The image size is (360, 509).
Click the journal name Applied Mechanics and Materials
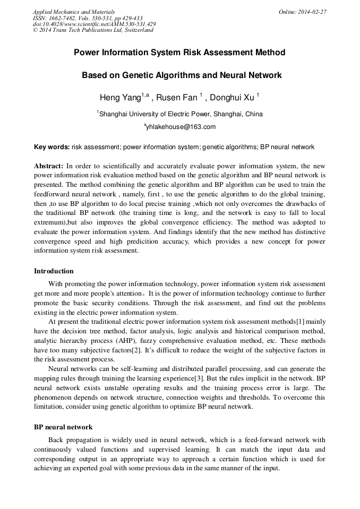click(x=73, y=11)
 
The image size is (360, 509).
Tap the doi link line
click(x=94, y=24)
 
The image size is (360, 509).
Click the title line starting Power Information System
click(x=179, y=53)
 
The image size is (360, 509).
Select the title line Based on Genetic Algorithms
click(x=181, y=75)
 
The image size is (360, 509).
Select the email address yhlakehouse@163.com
click(x=181, y=127)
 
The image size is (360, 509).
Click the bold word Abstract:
click(x=49, y=166)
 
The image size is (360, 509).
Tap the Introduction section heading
click(x=54, y=271)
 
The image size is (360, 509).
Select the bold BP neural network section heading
click(x=63, y=427)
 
